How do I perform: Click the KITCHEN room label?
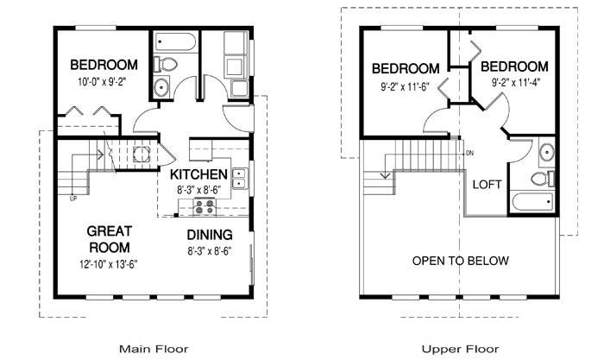tap(198, 174)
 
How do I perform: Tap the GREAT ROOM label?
tap(109, 239)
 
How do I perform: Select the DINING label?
tap(210, 235)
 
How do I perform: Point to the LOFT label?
tap(488, 185)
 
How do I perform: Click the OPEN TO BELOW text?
tap(460, 261)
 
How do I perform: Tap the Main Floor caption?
tap(154, 349)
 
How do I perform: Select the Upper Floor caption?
tap(460, 349)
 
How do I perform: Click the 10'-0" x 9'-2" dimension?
tap(102, 82)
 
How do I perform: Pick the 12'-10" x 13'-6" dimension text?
tap(109, 264)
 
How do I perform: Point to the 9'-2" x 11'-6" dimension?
tap(406, 86)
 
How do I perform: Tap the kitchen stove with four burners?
tap(204, 206)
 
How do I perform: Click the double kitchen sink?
tap(240, 180)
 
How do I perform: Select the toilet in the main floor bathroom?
tap(166, 65)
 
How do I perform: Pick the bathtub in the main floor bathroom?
tap(175, 41)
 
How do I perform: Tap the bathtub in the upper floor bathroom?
tap(532, 202)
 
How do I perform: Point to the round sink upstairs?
tap(546, 152)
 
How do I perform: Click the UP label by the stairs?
tap(73, 199)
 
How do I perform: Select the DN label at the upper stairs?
tap(469, 154)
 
